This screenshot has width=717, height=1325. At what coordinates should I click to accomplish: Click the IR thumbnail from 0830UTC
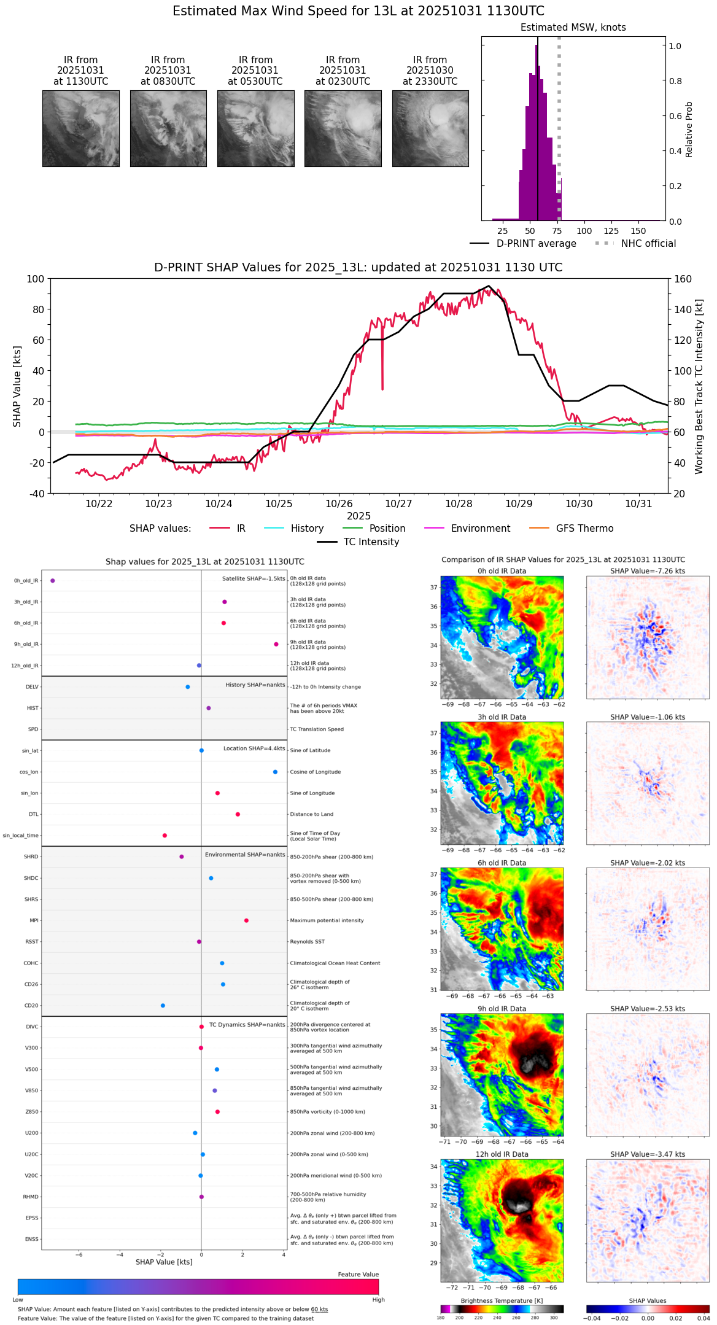click(168, 128)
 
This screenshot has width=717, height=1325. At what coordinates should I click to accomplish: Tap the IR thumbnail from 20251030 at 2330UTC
click(430, 128)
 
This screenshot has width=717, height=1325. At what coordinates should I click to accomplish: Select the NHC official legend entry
click(648, 244)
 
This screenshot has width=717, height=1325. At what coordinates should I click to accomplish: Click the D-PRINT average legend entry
click(536, 244)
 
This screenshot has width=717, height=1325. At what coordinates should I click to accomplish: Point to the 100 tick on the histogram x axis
click(584, 231)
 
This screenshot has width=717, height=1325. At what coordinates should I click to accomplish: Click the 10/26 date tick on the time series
click(339, 503)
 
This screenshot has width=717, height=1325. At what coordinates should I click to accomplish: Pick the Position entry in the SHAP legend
click(387, 529)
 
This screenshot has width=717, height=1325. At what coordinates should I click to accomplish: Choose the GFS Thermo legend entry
click(584, 529)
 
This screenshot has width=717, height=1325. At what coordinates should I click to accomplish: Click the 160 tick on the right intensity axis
click(683, 279)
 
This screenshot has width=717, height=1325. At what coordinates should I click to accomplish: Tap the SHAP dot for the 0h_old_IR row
click(52, 580)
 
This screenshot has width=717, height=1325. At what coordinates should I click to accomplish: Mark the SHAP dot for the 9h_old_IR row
click(276, 644)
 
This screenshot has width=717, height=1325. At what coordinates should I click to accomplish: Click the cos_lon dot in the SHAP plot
click(275, 772)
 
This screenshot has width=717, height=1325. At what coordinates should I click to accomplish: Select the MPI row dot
click(246, 920)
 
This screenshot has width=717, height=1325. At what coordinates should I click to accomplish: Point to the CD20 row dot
click(163, 1005)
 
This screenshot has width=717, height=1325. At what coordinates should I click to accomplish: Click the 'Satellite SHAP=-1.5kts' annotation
click(254, 578)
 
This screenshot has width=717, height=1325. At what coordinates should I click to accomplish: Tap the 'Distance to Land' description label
click(311, 814)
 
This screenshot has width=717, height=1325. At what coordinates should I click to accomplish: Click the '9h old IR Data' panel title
click(502, 1009)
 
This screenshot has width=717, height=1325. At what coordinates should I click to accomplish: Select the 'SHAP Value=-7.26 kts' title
click(648, 571)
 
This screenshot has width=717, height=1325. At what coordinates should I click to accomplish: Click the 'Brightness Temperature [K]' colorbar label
click(502, 1300)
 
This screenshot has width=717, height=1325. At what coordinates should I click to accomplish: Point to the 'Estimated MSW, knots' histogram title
click(573, 28)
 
